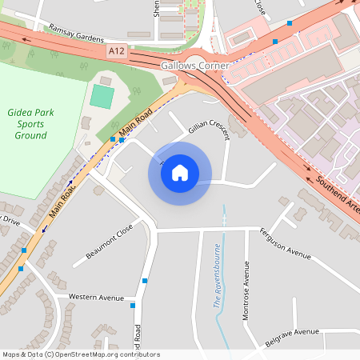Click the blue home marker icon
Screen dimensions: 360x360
pos(180,172)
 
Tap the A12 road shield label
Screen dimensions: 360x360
pos(117,50)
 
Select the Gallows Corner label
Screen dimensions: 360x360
pos(195,65)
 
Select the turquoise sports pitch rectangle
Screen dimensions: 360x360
pos(102,96)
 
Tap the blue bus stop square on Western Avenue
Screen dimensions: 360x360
pos(133,305)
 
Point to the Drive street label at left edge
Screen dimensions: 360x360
pos(10,218)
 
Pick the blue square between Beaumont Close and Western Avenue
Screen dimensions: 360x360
pos(145,281)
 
